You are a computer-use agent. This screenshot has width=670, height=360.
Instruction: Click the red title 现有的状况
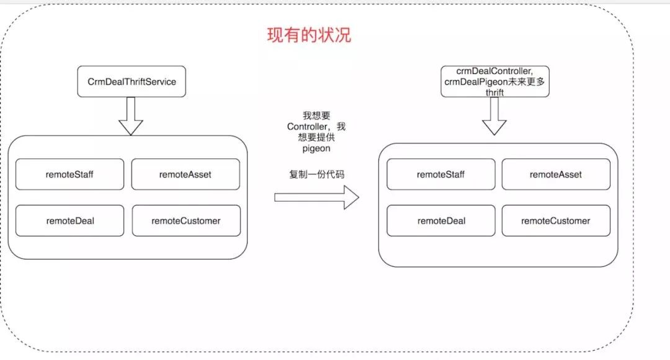pos(309,35)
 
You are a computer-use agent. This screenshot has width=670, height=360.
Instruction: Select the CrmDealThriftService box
pos(132,81)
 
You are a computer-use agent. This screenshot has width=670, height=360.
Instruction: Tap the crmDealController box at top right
pos(495,81)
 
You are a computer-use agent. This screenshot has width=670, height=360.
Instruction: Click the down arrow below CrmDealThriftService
pos(131,115)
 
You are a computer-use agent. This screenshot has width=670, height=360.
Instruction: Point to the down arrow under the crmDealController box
pos(494,116)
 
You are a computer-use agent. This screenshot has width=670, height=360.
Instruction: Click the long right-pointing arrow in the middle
pos(316,197)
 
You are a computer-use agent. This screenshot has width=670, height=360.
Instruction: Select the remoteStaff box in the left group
pos(69,174)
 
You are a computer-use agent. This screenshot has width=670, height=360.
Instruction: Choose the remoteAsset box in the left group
pos(185,174)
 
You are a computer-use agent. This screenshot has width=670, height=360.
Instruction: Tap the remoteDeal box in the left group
pos(69,220)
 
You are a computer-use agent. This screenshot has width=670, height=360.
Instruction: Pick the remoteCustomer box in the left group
pos(185,220)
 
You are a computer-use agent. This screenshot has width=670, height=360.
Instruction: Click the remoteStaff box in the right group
pos(440,174)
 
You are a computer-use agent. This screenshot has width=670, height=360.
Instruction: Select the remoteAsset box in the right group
pos(556,174)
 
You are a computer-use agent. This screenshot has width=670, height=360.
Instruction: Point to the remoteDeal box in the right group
pos(440,220)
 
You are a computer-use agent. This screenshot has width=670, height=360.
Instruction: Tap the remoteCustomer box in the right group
pos(556,220)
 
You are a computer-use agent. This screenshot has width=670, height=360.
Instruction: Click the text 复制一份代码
pos(316,174)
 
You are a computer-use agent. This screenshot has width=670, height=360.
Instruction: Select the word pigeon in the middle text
pos(316,150)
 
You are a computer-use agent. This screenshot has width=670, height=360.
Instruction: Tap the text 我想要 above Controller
pos(316,116)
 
